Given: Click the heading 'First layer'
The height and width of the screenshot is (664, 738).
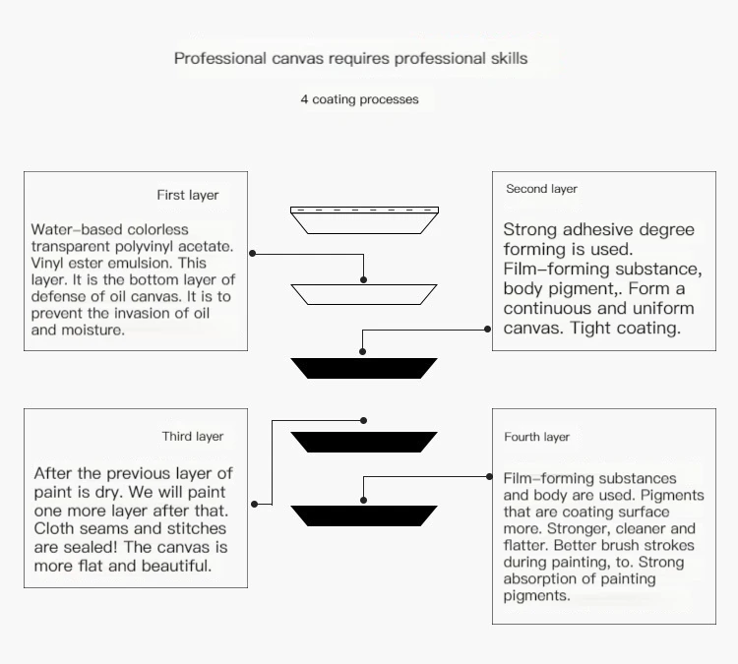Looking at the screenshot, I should (x=188, y=195).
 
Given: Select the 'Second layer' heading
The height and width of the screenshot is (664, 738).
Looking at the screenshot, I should (x=541, y=189).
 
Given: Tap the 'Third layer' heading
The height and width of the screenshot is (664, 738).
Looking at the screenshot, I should (x=193, y=436).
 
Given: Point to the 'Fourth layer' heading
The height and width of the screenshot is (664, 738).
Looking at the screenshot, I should (x=537, y=437).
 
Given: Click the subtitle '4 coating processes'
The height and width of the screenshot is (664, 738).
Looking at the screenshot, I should (x=359, y=99).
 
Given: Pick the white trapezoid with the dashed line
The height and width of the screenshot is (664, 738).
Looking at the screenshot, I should (x=364, y=220).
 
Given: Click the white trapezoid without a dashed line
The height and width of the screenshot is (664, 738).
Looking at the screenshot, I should (x=364, y=293).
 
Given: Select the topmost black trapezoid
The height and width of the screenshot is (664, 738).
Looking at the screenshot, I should (x=364, y=368).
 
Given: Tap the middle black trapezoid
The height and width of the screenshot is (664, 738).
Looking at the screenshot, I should (x=364, y=442).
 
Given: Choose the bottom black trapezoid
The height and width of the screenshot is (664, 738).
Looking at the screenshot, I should (x=364, y=515).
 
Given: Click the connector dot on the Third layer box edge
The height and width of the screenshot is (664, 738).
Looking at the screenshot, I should (x=253, y=504).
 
